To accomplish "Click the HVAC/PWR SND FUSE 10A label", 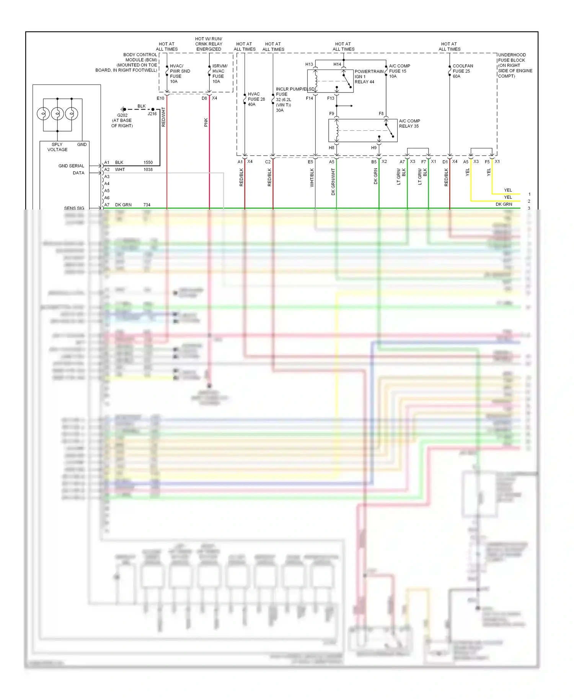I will click(179, 74).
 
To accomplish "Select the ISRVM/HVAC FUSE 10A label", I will click(220, 74).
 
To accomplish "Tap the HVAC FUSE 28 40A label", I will click(256, 99).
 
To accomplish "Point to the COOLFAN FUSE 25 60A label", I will click(463, 71).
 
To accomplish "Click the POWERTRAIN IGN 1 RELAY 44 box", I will click(330, 81).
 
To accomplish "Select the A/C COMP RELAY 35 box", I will click(362, 130).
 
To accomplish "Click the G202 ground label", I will click(122, 115).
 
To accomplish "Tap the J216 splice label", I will click(152, 114).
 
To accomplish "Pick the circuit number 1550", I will click(148, 163).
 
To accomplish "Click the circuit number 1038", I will click(148, 169).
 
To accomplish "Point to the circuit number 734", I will click(147, 205).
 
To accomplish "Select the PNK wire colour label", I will click(206, 122).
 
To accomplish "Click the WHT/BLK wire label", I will click(312, 177).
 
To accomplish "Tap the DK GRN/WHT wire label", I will click(333, 182).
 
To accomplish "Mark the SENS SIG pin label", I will click(74, 208).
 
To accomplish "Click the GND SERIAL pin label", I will click(71, 166).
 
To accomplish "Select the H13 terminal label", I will click(309, 64).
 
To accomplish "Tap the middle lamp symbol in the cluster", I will click(57, 114).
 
